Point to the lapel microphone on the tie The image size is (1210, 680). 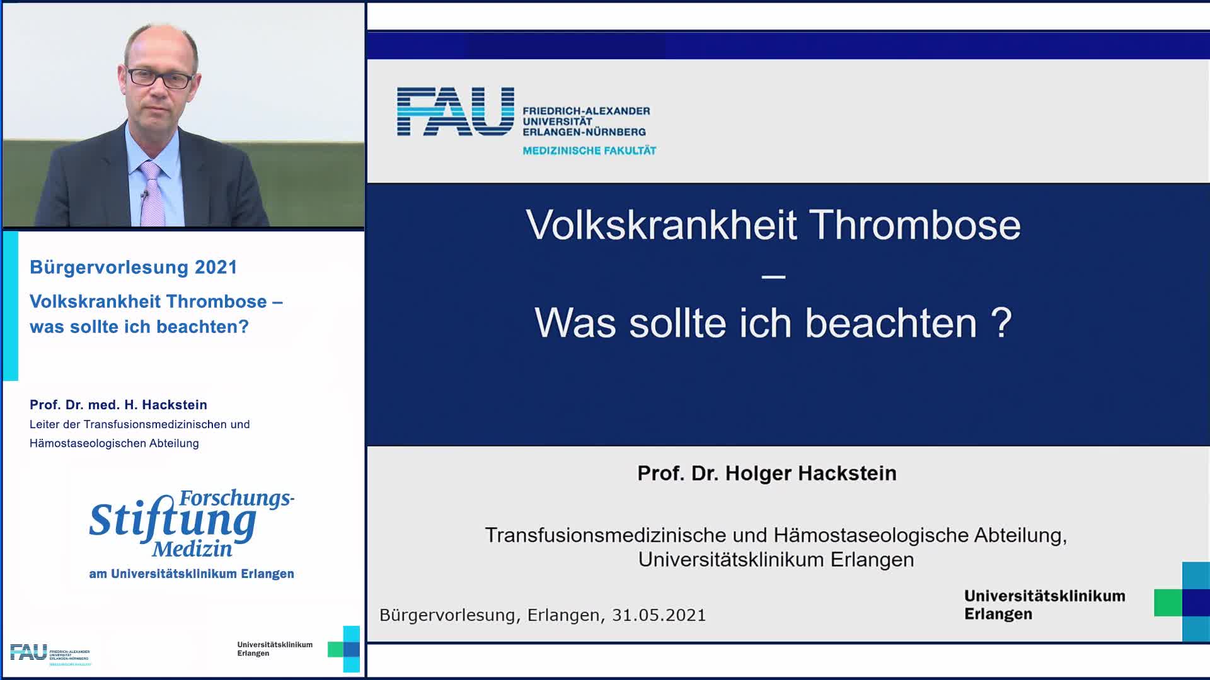click(144, 195)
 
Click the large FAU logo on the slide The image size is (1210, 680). click(455, 111)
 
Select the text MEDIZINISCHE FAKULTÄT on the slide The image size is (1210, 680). click(589, 150)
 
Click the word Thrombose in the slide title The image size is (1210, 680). click(915, 225)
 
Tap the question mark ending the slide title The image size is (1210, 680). click(1001, 322)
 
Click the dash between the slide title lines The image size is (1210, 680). click(773, 276)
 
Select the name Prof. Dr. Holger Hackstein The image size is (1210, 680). click(767, 473)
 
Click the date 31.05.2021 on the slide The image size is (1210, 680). click(659, 615)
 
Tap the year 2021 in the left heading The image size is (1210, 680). click(216, 267)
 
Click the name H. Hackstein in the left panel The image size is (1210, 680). click(166, 405)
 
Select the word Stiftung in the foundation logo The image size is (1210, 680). click(173, 521)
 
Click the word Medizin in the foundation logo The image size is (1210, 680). click(192, 548)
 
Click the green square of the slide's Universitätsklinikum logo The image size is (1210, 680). click(1168, 603)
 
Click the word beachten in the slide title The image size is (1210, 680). click(890, 323)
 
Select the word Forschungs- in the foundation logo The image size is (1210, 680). click(237, 498)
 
